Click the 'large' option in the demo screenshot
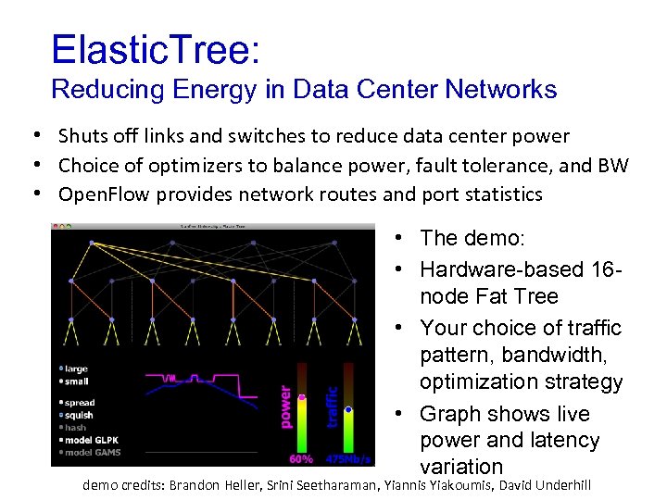75,369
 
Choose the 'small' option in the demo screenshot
75,381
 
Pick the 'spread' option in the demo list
79,403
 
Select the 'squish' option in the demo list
79,415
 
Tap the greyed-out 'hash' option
75,428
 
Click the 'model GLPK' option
92,440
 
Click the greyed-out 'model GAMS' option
93,452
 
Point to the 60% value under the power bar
301,458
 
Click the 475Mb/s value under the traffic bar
349,458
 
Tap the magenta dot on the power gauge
302,398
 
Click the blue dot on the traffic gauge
348,408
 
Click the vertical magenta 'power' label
285,408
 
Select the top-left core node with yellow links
92,243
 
